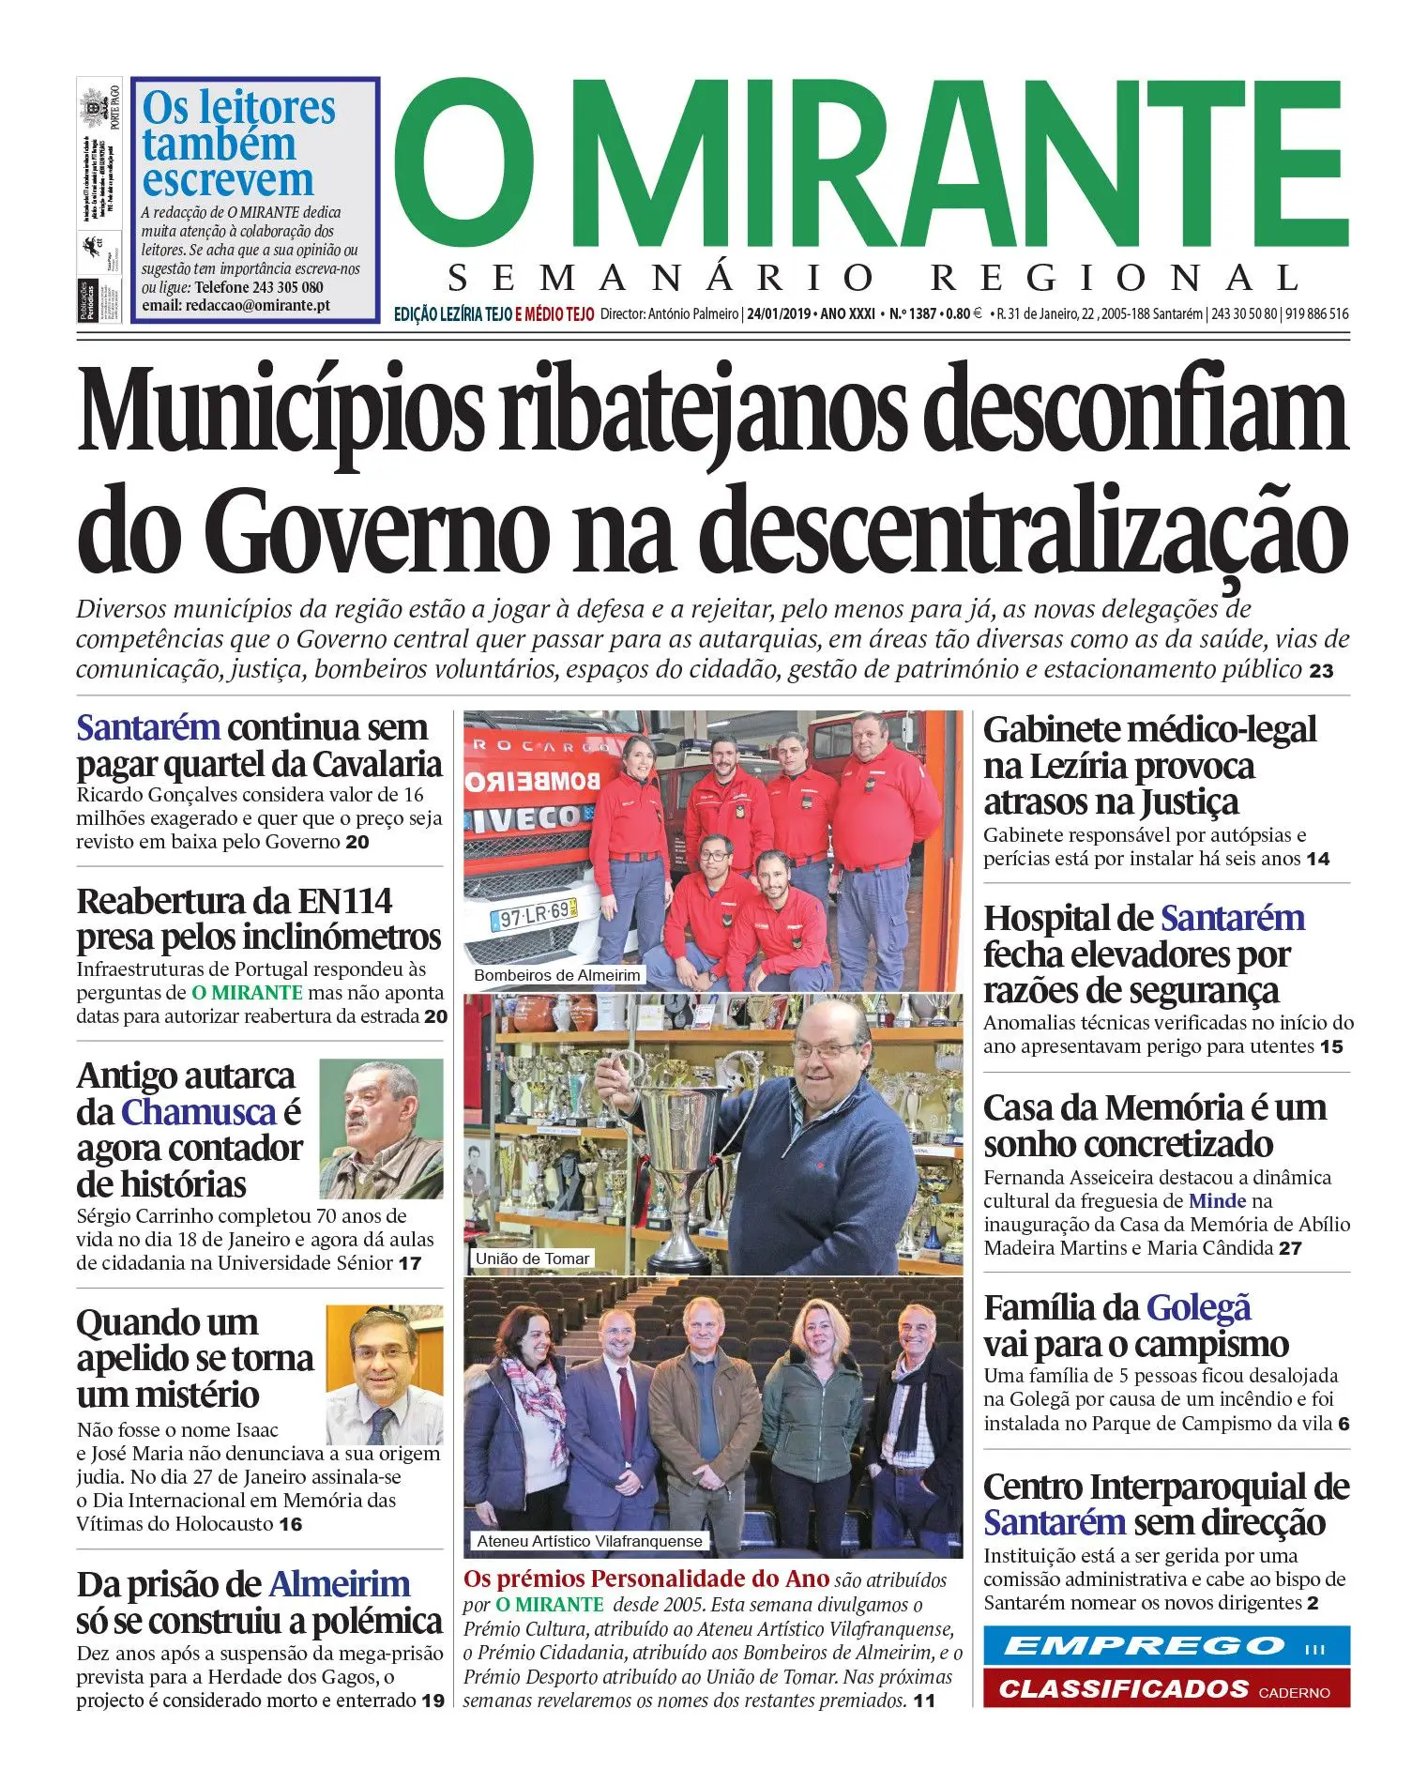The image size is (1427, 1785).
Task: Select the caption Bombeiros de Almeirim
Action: tap(557, 975)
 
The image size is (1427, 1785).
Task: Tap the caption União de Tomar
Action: tap(532, 1259)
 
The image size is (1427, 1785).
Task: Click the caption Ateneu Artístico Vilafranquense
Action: tap(589, 1541)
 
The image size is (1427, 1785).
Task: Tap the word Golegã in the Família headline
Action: tap(1198, 1307)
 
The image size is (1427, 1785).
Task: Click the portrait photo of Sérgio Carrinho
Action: tap(381, 1128)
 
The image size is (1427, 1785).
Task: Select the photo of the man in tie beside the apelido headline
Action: tap(385, 1375)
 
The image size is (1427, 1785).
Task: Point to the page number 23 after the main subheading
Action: tap(1321, 671)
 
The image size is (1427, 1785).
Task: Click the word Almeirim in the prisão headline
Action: tap(340, 1584)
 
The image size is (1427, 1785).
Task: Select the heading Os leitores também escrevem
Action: tap(238, 144)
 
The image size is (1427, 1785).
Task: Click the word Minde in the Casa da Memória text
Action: tap(1217, 1201)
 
